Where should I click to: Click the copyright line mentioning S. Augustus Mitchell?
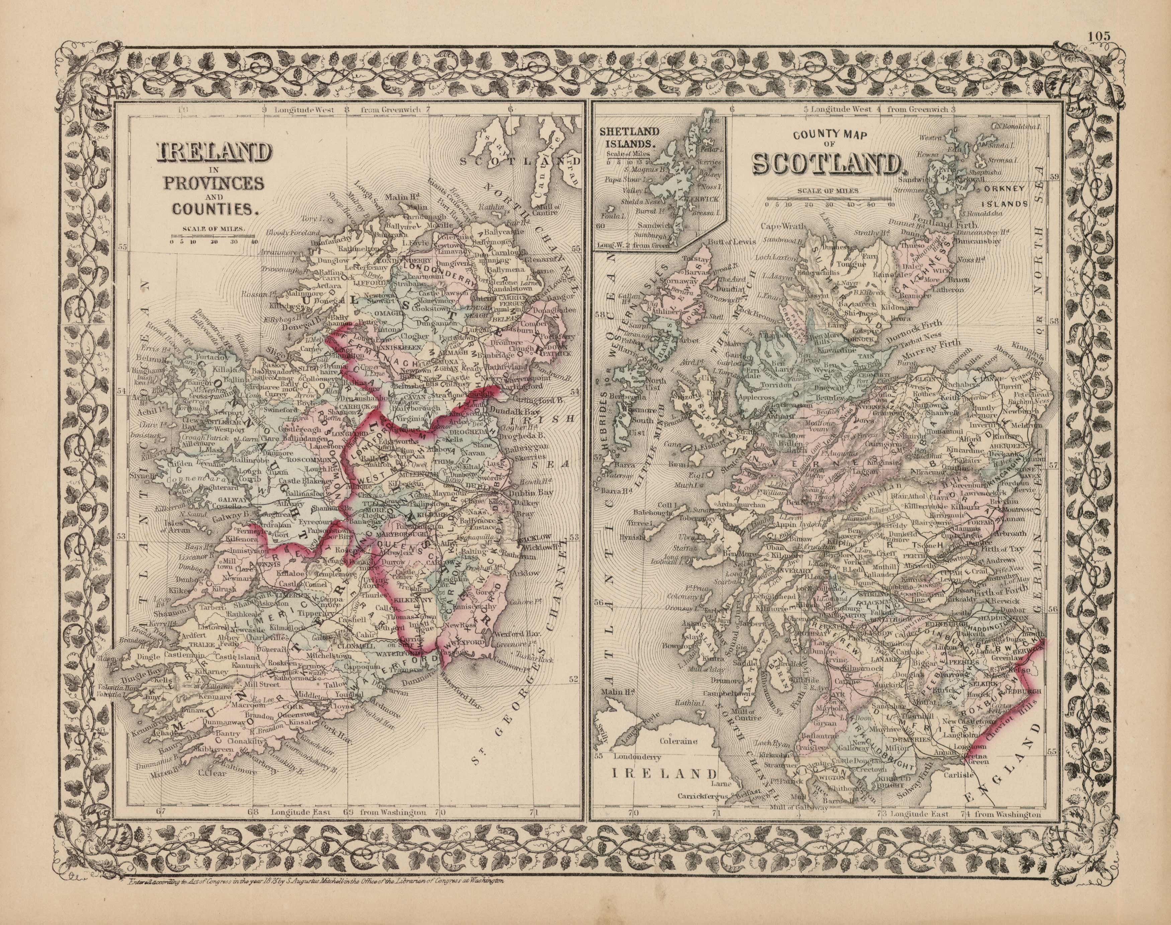click(x=316, y=911)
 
